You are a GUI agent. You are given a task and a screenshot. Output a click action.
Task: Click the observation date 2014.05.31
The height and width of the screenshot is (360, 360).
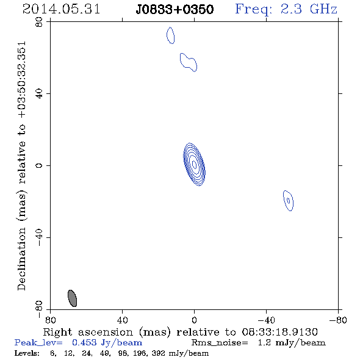click(x=61, y=9)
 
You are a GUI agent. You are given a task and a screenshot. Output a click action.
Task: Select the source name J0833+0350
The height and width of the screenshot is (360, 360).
click(x=175, y=9)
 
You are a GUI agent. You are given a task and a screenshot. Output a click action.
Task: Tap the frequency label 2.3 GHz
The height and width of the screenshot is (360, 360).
click(x=309, y=9)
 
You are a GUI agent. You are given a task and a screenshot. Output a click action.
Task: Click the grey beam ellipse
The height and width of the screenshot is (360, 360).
click(x=72, y=298)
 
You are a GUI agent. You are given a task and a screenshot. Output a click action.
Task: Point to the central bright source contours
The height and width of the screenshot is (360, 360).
click(x=194, y=164)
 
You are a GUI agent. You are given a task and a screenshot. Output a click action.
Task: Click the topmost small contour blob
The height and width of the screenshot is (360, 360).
click(x=170, y=35)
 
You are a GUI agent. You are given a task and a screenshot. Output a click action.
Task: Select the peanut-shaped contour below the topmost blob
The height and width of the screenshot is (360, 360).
click(x=189, y=62)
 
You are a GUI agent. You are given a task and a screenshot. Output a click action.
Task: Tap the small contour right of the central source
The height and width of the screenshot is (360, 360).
click(x=288, y=201)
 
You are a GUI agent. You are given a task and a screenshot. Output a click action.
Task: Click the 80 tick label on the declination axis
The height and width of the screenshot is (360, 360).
click(x=39, y=22)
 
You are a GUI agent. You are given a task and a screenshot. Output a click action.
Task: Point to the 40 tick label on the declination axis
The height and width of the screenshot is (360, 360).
click(x=39, y=94)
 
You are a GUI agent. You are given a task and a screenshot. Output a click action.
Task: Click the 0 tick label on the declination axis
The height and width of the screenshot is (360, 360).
click(x=39, y=165)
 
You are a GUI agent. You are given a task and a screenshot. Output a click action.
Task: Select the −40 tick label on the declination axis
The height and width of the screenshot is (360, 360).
click(x=39, y=237)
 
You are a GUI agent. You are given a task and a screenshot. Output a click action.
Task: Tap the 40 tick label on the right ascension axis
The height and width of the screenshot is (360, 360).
click(x=123, y=320)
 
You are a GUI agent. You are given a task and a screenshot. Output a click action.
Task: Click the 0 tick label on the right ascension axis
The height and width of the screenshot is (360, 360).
click(x=194, y=320)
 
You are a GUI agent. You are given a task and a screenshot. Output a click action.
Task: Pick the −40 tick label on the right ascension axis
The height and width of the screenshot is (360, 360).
click(x=266, y=320)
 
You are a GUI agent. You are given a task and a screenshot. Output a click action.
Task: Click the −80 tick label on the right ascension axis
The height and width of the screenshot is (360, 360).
click(x=338, y=320)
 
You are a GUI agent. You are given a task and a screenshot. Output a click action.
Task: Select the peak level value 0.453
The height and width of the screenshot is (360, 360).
click(x=84, y=342)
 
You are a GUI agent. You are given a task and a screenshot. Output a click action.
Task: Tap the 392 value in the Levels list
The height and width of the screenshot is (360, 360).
click(x=159, y=353)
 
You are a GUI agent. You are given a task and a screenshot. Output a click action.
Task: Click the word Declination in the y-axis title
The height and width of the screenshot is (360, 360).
click(x=21, y=259)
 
